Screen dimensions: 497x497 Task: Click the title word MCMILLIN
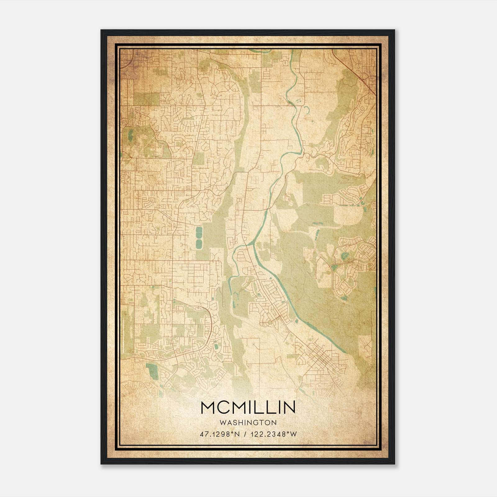tap(248, 407)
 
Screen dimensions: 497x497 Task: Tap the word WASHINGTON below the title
tap(248, 422)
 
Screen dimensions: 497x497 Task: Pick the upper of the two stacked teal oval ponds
tap(199, 232)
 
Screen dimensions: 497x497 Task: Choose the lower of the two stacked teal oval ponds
tap(199, 242)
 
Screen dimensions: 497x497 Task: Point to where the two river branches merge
tap(245, 245)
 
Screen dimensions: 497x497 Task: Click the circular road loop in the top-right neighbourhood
tap(362, 109)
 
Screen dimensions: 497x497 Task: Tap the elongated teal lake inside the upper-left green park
tap(130, 135)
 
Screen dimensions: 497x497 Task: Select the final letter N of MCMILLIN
tap(289, 407)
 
